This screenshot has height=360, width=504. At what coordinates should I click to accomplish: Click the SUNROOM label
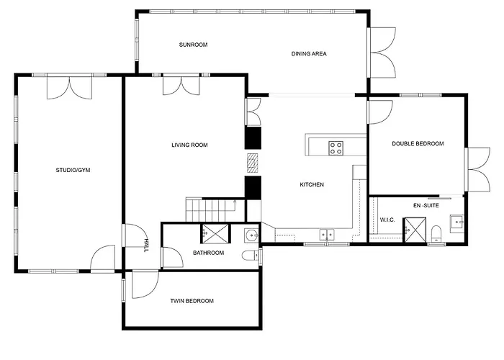[193, 45]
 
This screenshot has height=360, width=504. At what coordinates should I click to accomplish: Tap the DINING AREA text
[310, 53]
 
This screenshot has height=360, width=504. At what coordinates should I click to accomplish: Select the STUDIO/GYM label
[73, 170]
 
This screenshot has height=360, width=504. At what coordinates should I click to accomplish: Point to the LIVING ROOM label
[189, 145]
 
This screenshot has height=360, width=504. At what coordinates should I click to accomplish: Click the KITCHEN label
[312, 185]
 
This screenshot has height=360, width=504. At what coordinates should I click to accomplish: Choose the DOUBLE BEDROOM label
[418, 144]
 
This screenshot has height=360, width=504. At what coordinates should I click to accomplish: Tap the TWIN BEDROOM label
[192, 300]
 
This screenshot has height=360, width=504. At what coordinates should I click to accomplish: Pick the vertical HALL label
[146, 246]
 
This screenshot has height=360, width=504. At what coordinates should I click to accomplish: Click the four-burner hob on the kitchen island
[336, 148]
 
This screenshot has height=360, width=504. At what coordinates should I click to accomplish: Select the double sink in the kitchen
[327, 234]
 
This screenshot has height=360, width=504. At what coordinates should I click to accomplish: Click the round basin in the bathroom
[251, 235]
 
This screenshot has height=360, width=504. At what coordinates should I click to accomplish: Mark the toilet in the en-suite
[437, 231]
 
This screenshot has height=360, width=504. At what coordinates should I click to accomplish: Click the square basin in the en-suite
[456, 221]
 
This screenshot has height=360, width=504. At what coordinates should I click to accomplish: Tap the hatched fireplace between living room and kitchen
[252, 163]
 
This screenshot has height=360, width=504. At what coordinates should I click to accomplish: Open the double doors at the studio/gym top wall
[69, 86]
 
